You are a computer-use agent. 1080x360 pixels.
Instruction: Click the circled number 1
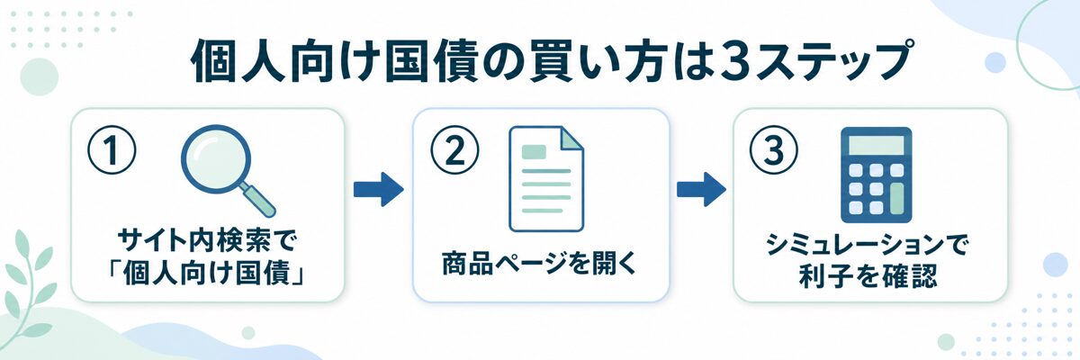[x=112, y=149]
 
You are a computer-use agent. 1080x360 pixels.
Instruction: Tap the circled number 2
[x=454, y=150]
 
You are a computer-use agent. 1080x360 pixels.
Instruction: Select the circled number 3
[x=774, y=150]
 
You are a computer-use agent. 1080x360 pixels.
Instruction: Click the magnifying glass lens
[x=217, y=160]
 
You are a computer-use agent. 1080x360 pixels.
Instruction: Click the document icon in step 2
[x=546, y=179]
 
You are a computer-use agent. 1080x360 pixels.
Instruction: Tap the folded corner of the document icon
[x=571, y=138]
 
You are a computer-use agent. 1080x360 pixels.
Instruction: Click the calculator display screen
[x=876, y=145]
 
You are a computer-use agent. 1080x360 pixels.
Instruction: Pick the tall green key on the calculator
[x=896, y=199]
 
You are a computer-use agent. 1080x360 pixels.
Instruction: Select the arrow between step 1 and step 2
[x=379, y=189]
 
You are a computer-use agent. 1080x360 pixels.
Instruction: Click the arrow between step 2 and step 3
[x=701, y=189]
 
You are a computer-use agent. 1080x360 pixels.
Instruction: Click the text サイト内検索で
[x=206, y=241]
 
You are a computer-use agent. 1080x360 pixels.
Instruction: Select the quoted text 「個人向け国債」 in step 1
[x=206, y=275]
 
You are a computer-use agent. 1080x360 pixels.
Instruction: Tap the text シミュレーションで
[x=867, y=246]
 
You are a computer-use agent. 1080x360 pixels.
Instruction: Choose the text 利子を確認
[x=868, y=277]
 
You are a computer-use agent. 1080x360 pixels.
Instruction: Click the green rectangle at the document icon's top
[x=534, y=152]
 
